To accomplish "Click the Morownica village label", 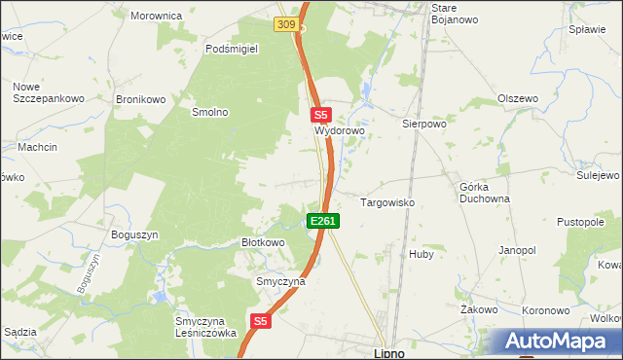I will tap(157, 16).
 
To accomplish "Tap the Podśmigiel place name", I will tap(231, 48).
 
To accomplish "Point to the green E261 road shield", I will tap(323, 222).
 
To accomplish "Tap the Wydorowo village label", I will tap(338, 129).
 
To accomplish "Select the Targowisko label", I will tap(388, 202).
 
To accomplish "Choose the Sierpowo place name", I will tap(423, 125).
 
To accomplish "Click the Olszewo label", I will tap(518, 98).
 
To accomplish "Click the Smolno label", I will tap(209, 112).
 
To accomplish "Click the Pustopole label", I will tap(581, 222).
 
